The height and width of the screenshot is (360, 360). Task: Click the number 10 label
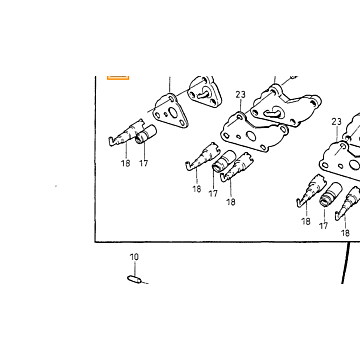(134, 257)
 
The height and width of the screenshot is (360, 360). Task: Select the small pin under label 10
(134, 279)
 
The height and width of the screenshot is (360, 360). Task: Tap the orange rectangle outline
(118, 77)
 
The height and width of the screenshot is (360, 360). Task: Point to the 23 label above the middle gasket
(240, 95)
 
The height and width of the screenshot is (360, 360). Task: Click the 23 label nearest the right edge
(337, 122)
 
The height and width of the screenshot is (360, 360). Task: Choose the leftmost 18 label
(126, 163)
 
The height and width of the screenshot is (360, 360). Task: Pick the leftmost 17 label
(143, 163)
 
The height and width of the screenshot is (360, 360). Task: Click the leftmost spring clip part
(126, 133)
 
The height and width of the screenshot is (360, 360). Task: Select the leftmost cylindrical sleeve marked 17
(146, 134)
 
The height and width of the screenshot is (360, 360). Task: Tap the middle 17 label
(213, 193)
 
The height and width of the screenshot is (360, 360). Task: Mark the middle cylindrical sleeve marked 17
(224, 161)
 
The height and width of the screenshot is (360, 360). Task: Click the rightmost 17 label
(323, 226)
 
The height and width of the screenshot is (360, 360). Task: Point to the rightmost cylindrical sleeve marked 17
(331, 194)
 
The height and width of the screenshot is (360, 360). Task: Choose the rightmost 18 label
(345, 233)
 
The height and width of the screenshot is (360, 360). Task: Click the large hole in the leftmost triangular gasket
(173, 113)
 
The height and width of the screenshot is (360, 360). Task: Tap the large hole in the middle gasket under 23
(251, 136)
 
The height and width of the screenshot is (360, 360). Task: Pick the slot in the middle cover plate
(273, 112)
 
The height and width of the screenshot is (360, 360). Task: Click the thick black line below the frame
(346, 263)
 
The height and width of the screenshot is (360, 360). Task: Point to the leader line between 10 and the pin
(134, 268)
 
